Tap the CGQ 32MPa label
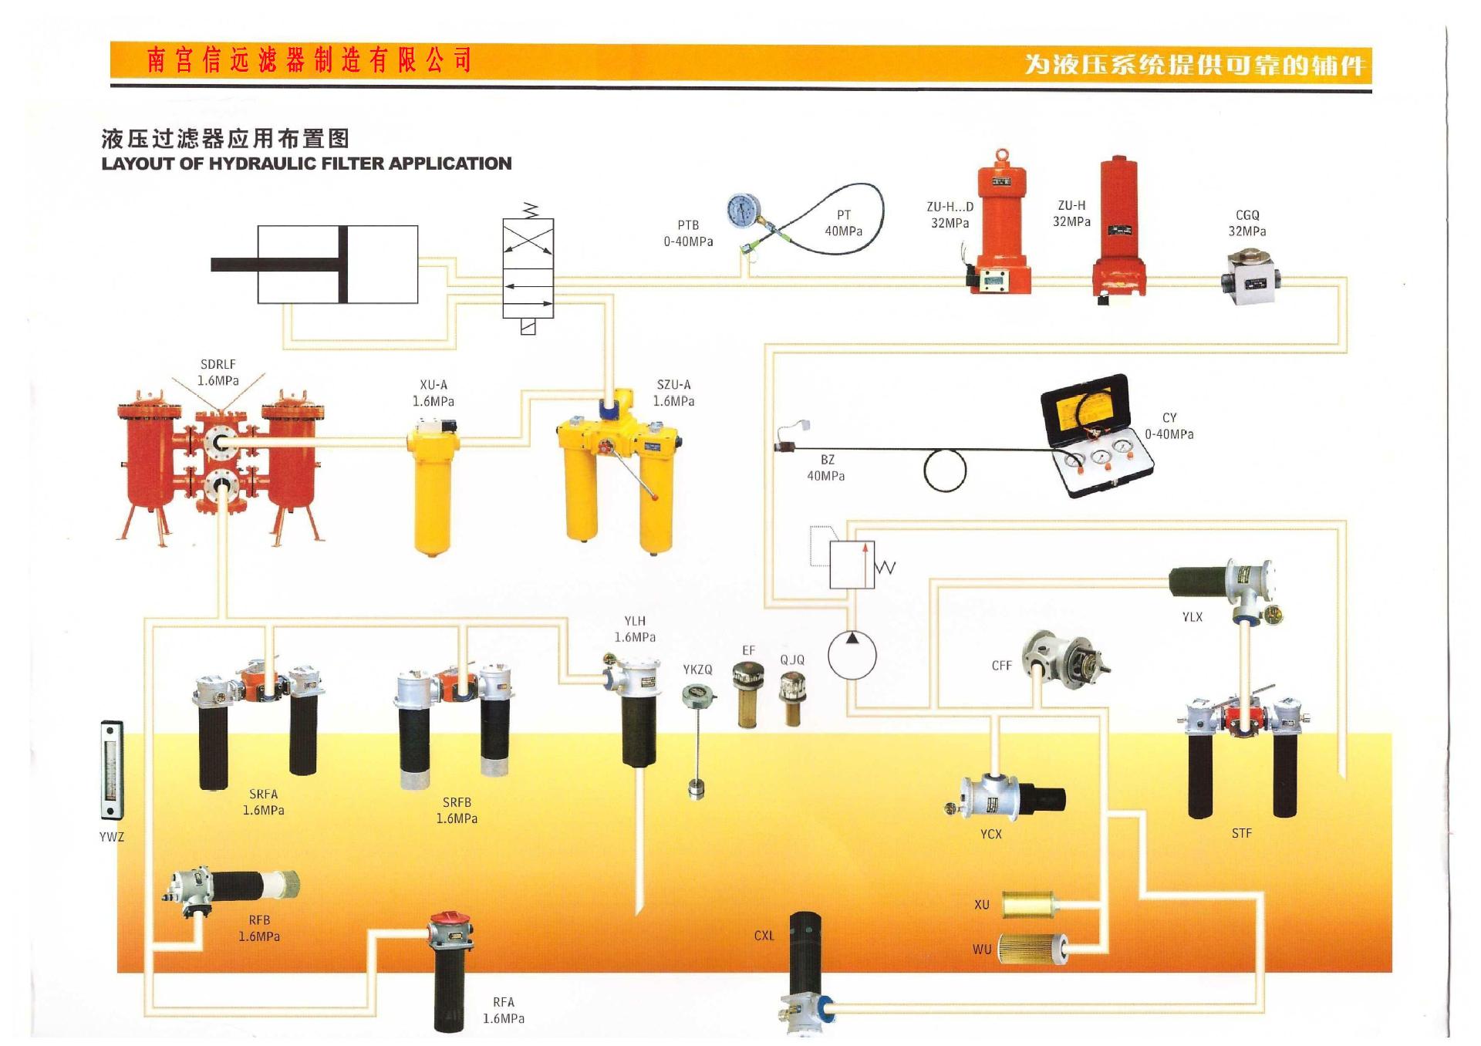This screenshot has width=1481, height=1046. pos(1247,223)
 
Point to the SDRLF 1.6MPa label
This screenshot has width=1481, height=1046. pos(218,373)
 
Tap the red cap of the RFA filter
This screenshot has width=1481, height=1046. pos(450,921)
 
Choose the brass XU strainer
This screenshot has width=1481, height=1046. pos(1030,905)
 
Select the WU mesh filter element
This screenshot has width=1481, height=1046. pos(1032,948)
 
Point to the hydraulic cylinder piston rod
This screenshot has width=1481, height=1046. pos(278,265)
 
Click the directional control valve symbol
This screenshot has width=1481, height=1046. pos(528,268)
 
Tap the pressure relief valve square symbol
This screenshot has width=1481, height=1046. pos(852,565)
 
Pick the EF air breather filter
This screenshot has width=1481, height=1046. pos(747,694)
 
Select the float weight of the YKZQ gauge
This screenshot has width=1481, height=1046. pos(696,790)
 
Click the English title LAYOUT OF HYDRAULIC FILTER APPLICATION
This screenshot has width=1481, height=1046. pos(306,164)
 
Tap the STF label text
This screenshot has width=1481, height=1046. pos(1241,833)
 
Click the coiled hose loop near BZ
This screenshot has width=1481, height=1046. pos(944,471)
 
